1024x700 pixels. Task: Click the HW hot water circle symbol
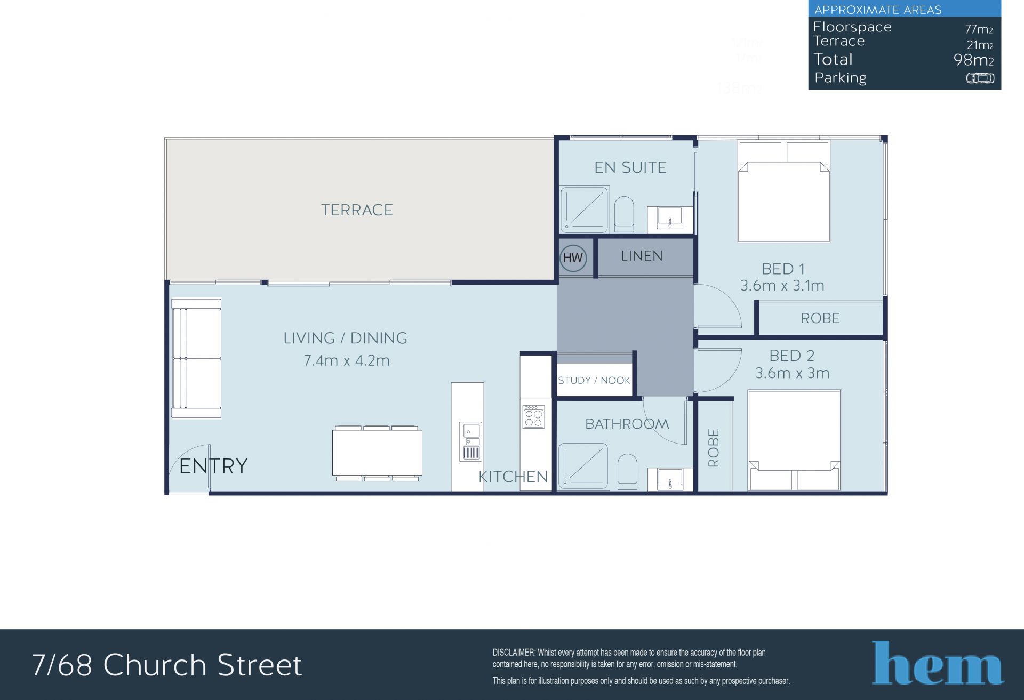point(573,259)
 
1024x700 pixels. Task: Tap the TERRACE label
point(357,210)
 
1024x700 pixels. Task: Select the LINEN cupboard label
point(642,256)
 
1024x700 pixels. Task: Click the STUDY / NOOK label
point(594,381)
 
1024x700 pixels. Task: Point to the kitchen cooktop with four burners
point(533,416)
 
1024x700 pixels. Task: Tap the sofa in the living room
point(196,358)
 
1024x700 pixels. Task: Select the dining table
point(377,453)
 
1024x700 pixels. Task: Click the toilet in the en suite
point(624,214)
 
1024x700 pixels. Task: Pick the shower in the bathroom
point(583,465)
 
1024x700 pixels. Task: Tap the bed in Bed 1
point(783,191)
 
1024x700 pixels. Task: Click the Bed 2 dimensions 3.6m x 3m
point(792,373)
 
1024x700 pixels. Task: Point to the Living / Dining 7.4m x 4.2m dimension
point(347,361)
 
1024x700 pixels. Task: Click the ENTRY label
point(213,466)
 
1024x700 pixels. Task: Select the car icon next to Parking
point(980,78)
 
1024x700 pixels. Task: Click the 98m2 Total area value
point(973,60)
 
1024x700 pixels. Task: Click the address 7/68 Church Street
point(167,665)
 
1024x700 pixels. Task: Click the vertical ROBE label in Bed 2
point(714,448)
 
